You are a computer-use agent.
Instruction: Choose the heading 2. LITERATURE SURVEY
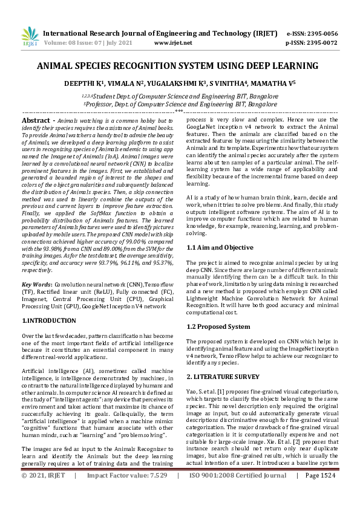[x=223, y=377]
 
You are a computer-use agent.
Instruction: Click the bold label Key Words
[x=36, y=284]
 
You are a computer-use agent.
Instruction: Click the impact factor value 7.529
[x=156, y=493]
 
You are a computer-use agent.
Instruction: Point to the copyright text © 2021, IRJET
[x=43, y=493]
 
